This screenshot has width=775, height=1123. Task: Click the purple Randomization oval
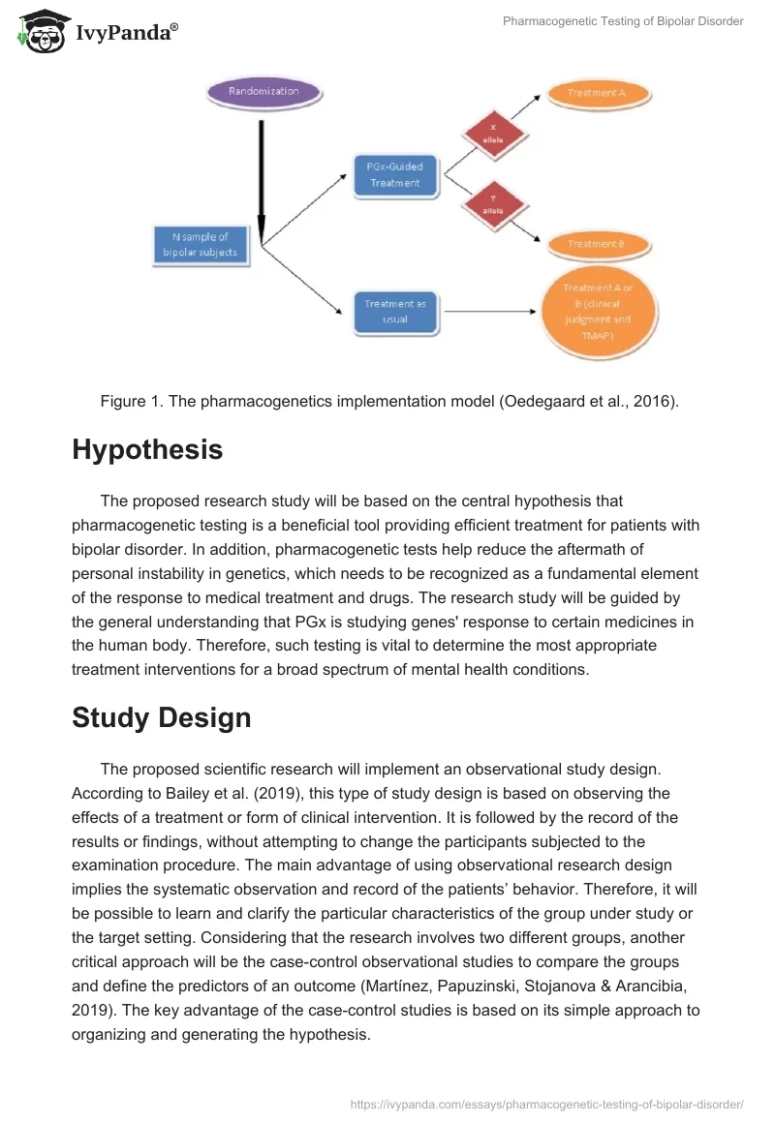tap(263, 92)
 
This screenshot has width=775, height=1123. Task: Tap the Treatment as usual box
tap(395, 311)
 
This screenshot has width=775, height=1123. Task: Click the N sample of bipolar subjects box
tap(200, 244)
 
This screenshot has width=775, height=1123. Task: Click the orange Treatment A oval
tap(597, 93)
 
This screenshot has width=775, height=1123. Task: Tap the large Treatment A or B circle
tap(596, 311)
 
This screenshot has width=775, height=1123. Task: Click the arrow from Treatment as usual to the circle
tap(489, 312)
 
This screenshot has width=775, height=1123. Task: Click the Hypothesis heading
tap(147, 449)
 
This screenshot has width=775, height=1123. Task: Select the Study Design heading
tap(162, 717)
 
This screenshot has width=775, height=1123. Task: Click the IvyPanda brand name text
tap(126, 33)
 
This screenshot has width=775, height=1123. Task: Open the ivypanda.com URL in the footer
tap(545, 1103)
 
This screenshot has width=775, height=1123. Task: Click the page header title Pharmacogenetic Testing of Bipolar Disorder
tap(623, 21)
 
